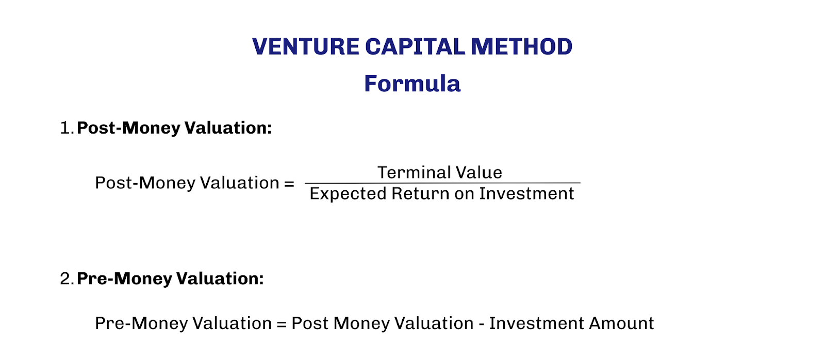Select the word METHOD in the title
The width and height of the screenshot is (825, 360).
click(x=521, y=47)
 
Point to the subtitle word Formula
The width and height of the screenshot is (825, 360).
click(x=412, y=84)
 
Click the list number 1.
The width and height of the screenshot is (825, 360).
click(x=65, y=128)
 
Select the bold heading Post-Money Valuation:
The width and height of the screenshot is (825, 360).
click(x=174, y=128)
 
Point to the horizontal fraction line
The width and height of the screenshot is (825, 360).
click(x=442, y=183)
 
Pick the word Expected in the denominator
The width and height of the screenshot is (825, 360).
click(x=348, y=194)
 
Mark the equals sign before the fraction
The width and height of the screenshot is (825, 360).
click(x=289, y=184)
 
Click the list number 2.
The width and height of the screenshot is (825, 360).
click(x=67, y=279)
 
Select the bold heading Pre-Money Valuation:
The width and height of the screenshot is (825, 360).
click(x=170, y=279)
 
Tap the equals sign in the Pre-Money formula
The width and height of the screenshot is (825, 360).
click(x=281, y=324)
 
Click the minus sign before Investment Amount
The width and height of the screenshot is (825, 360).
click(x=481, y=324)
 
